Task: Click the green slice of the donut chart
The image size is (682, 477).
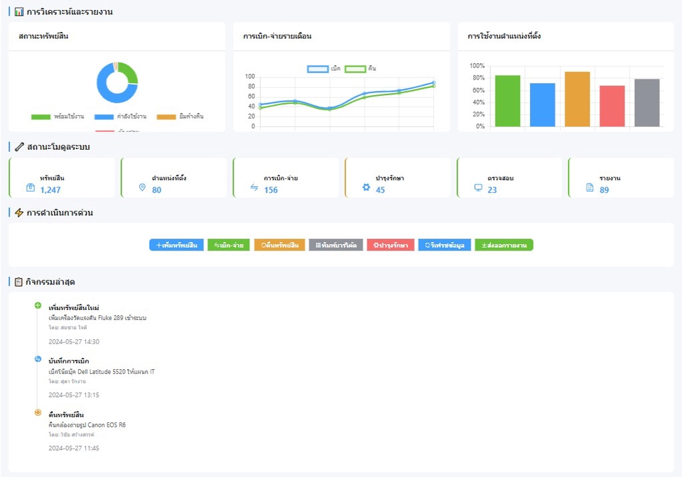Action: pos(129,73)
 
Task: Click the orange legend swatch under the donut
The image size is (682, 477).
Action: pos(166,116)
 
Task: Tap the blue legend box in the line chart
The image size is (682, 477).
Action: pos(318,69)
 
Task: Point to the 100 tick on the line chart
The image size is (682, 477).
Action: pos(249,77)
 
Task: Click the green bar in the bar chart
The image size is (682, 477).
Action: pos(507,101)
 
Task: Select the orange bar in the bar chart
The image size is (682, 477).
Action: pos(577,99)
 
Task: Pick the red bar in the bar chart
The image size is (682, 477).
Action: pos(612,106)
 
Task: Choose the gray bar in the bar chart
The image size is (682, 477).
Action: pos(646,102)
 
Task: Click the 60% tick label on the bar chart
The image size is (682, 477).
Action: pos(477,90)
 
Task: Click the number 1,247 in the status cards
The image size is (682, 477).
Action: pos(50,190)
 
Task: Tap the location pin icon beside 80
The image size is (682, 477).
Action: pos(142,187)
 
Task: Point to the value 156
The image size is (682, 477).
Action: pos(271,190)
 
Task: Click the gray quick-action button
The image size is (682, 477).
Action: pos(335,245)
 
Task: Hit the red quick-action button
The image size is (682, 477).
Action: pos(391,245)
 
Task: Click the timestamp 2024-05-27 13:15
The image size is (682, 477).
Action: pos(73,395)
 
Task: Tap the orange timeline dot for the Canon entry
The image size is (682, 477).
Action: pos(38,412)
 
